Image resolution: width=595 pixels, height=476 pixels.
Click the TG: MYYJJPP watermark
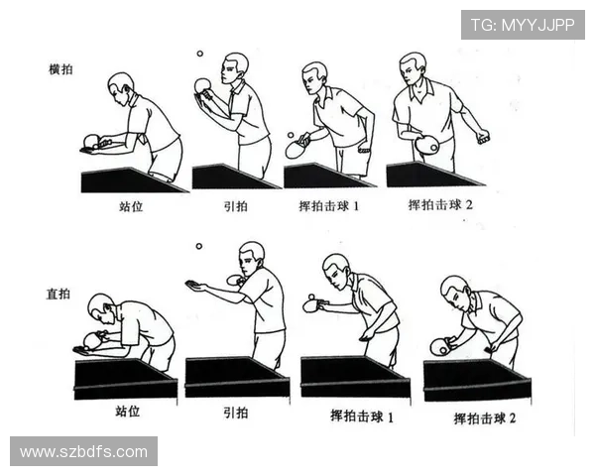pos(523,24)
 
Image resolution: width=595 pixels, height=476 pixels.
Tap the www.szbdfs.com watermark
pos(83,452)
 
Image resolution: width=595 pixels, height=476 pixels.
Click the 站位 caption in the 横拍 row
pos(132,208)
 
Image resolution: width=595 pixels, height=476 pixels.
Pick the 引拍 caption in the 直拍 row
pos(235,414)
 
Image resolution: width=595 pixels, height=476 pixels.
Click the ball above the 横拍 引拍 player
pos(198,55)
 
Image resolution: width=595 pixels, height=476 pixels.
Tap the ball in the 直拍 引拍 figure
pos(198,245)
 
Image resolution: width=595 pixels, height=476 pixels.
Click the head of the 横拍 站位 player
pos(120,85)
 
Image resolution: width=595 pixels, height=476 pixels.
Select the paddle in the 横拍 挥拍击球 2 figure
pos(427,145)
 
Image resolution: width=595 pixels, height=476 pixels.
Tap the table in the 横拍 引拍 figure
pos(233,178)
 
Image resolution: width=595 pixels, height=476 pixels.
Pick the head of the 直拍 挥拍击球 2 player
pos(453,290)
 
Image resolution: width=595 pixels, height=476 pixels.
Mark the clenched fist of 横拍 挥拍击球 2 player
pos(483,137)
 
